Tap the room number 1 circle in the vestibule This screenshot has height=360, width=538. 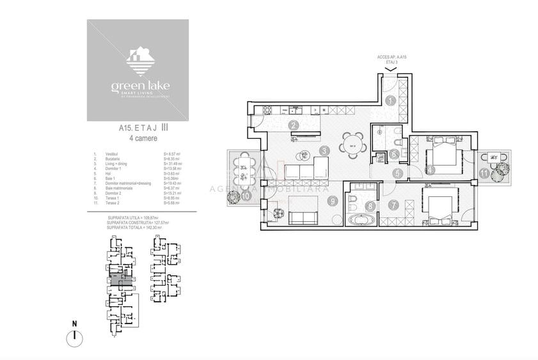[391, 100]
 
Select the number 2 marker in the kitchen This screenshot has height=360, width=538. [293, 125]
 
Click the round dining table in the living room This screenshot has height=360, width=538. [352, 145]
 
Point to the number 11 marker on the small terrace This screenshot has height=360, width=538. [484, 173]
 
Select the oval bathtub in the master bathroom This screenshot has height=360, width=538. [361, 220]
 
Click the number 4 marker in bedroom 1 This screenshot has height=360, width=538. [431, 170]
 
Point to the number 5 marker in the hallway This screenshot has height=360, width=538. [397, 173]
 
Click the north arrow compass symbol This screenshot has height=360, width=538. [75, 336]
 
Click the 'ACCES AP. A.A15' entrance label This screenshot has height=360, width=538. [393, 58]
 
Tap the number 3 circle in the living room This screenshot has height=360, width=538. [325, 151]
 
